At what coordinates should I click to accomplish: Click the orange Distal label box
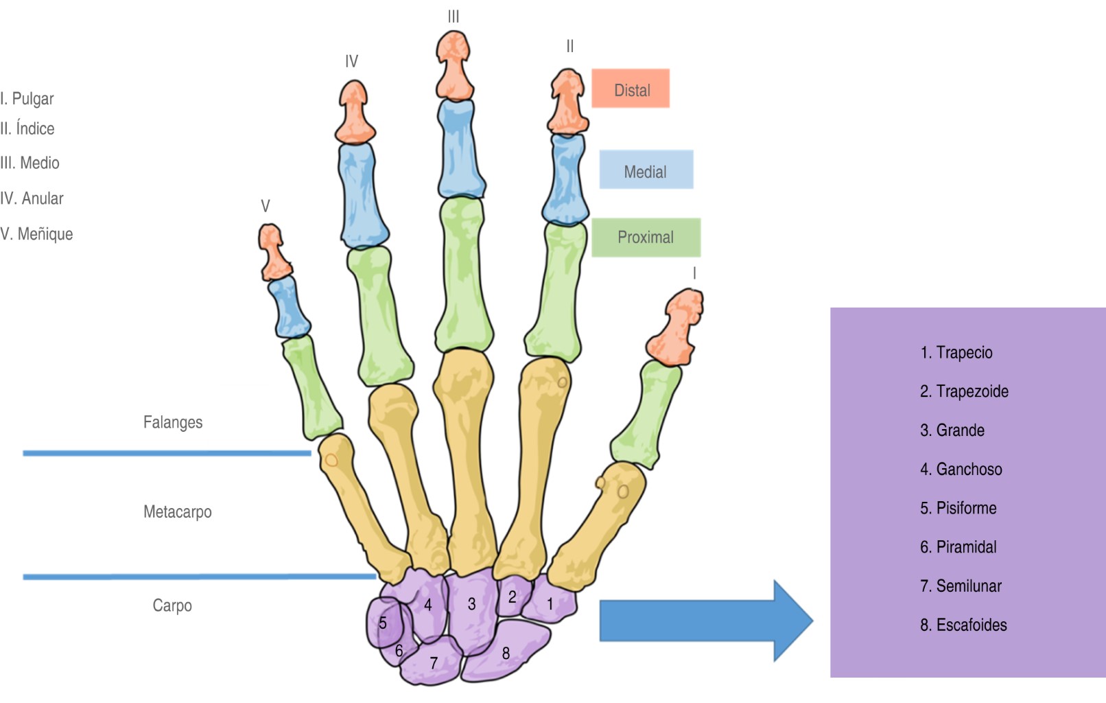631,89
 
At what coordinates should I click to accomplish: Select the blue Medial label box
646,170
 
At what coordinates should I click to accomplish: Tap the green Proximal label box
646,238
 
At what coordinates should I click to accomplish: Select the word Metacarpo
178,511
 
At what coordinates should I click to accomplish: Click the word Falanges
173,422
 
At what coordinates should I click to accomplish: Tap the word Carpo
172,606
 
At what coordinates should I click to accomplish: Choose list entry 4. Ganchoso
961,470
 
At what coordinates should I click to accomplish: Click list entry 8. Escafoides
963,625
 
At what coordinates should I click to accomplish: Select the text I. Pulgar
27,99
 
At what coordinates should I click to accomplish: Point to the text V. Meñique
36,234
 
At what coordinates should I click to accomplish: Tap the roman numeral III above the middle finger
454,17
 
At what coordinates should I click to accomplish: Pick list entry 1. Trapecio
956,353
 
